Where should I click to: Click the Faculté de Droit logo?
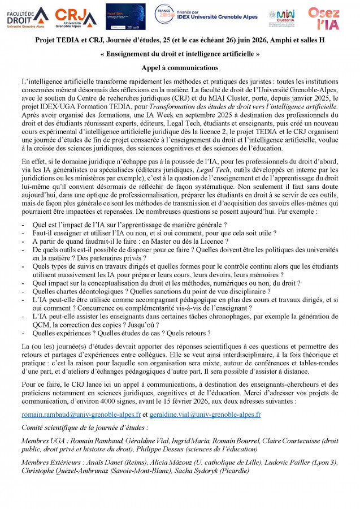[x=27, y=17]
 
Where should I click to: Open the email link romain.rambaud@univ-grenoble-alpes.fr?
[x=77, y=414]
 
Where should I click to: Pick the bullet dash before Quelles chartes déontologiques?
[x=23, y=291]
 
